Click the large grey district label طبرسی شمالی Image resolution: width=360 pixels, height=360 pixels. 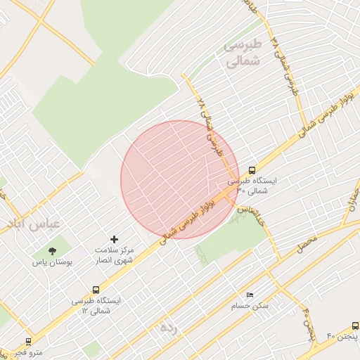[x=243, y=53]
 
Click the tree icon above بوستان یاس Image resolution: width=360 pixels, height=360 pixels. [x=51, y=250]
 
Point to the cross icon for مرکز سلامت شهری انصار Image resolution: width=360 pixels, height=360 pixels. [x=115, y=240]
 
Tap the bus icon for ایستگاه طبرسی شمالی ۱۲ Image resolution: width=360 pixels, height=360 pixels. [x=96, y=289]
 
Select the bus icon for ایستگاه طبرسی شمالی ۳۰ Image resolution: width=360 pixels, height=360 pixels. [x=252, y=169]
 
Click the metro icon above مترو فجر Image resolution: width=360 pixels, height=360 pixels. [x=28, y=341]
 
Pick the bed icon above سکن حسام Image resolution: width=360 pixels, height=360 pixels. [x=250, y=295]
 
